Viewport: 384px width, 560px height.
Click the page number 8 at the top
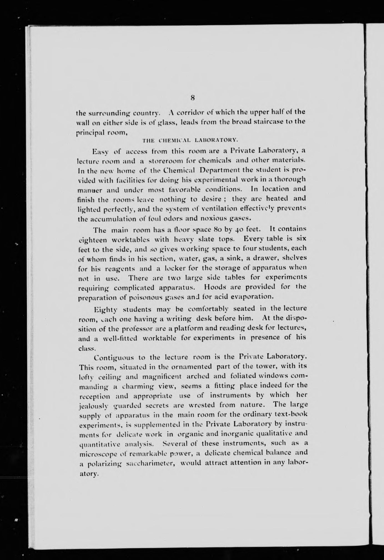point(192,98)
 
